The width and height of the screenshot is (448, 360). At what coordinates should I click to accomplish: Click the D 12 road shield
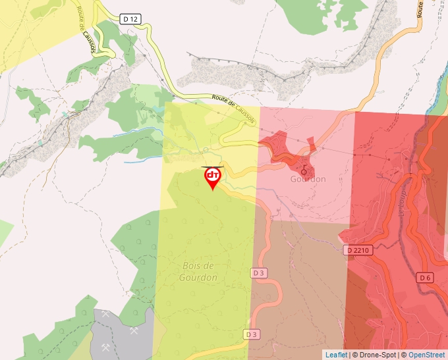click(x=130, y=19)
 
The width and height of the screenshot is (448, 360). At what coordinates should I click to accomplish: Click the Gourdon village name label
click(x=308, y=179)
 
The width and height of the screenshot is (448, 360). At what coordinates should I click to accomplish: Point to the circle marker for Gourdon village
click(x=304, y=170)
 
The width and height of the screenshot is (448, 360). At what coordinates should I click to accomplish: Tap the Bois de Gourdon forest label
click(x=198, y=271)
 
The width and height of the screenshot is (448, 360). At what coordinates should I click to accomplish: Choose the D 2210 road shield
click(x=358, y=250)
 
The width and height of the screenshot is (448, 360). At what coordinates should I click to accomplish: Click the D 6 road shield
click(x=425, y=278)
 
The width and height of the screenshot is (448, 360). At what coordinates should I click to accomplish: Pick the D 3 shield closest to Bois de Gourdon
click(x=258, y=272)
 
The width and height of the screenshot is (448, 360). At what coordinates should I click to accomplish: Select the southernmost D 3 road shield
click(x=252, y=334)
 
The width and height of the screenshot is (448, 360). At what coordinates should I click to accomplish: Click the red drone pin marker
click(x=212, y=178)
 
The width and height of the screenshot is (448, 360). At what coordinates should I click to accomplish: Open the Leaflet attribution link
click(x=336, y=355)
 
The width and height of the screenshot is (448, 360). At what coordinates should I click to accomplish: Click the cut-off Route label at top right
click(x=419, y=8)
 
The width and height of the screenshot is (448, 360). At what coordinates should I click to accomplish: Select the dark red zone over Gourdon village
click(x=283, y=148)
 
